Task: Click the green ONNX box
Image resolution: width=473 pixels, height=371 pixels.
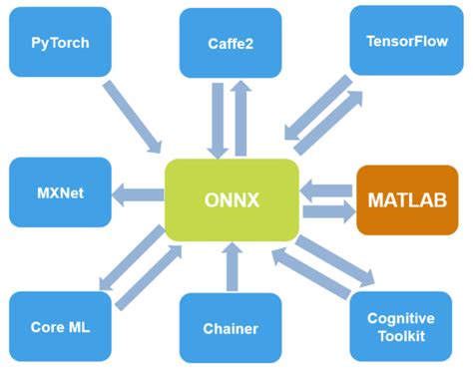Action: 232,198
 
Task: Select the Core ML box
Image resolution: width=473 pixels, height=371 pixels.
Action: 60,326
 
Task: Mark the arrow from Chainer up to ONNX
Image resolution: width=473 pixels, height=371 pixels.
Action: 232,267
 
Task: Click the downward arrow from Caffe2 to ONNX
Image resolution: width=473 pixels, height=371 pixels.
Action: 218,120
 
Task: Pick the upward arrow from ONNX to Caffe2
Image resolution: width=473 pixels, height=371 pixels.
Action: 242,118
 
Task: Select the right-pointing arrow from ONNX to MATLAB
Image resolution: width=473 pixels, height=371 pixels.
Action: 326,211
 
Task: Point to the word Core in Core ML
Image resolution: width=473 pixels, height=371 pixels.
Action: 47,326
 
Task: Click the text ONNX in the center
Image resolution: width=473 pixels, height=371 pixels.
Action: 232,198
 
